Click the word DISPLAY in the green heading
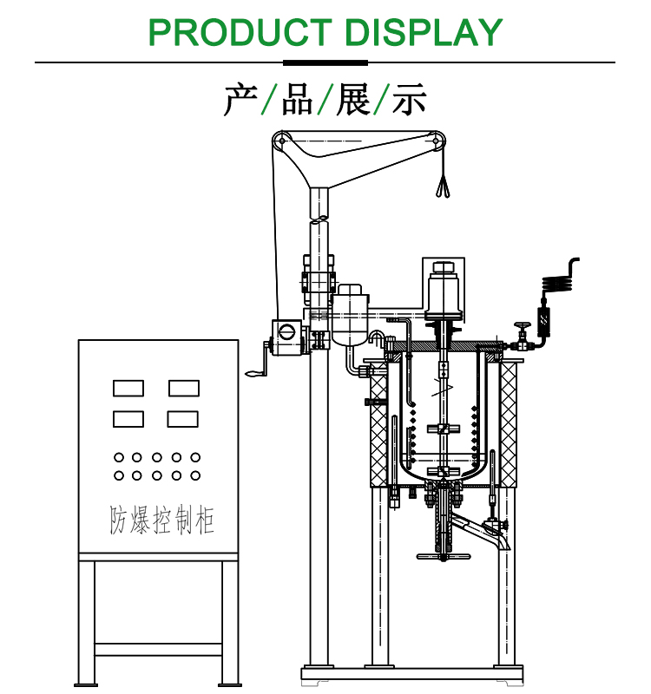(x=424, y=32)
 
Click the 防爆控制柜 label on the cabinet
(x=161, y=520)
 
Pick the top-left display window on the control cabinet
(x=128, y=388)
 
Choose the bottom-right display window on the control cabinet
(x=183, y=418)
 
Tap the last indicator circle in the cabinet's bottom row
(x=195, y=475)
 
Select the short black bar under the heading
(x=325, y=62)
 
